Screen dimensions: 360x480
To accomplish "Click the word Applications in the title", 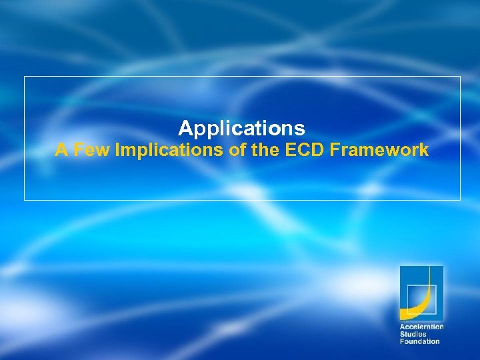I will pos(241,128).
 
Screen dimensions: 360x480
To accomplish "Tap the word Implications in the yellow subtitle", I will pos(170,151).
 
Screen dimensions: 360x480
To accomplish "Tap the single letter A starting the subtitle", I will pos(61,151).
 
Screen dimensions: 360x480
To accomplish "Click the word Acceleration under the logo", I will pos(421,327).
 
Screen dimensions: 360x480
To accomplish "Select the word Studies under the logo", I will pos(413,335).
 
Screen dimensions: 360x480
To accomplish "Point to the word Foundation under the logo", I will pos(419,342).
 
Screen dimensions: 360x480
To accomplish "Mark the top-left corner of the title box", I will pos(25,77).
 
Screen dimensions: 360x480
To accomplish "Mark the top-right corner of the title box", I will pos(460,77).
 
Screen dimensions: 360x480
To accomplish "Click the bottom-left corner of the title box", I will pos(25,199).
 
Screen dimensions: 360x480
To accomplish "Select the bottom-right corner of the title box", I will pos(460,199).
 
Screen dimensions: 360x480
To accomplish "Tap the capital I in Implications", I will pos(117,151).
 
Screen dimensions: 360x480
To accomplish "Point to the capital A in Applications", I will pos(185,128).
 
